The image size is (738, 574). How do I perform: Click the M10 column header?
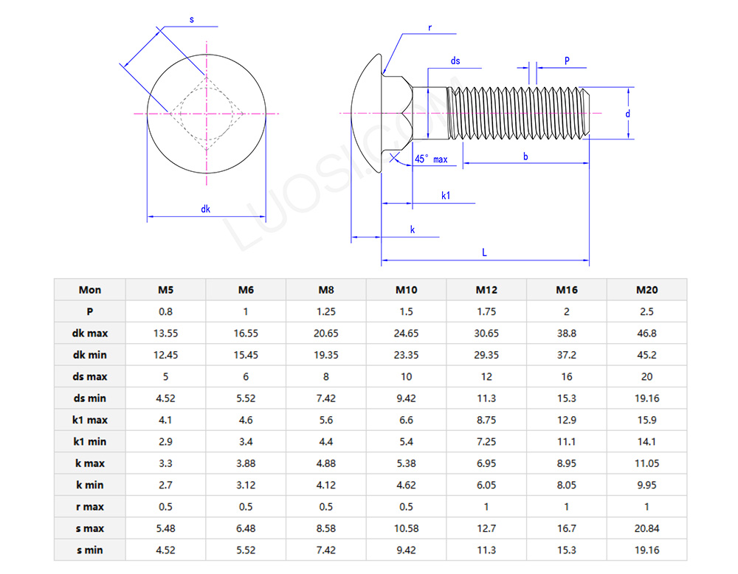[406, 290]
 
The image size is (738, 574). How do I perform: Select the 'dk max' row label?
[90, 333]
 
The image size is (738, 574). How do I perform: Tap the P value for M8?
[325, 311]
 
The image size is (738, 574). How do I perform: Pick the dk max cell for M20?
[646, 333]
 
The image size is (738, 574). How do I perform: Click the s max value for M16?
[566, 528]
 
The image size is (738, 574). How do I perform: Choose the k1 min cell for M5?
[166, 442]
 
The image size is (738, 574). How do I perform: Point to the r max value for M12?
[486, 507]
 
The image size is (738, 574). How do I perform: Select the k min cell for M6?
[246, 485]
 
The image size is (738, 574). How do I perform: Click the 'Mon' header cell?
[90, 290]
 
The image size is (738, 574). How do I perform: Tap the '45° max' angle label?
[431, 159]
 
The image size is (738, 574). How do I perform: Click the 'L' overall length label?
[485, 252]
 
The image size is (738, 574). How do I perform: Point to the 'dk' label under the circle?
[206, 210]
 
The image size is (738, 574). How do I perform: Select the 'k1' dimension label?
[446, 195]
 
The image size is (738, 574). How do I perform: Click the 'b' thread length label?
[525, 156]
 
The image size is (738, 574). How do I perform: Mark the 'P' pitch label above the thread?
[567, 61]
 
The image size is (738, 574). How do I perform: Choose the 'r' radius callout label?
[430, 28]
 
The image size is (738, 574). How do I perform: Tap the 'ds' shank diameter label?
[455, 61]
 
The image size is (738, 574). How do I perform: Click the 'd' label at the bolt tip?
[627, 114]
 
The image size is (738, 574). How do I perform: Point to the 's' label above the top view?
[192, 20]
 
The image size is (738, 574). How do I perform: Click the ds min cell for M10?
[406, 398]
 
